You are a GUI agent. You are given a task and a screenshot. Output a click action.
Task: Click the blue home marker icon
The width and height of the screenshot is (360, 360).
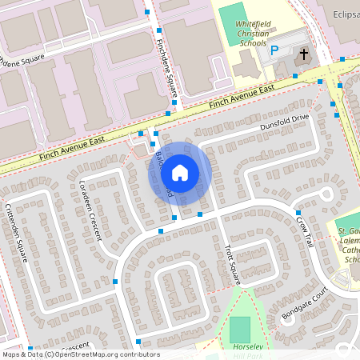pyautogui.click(x=180, y=172)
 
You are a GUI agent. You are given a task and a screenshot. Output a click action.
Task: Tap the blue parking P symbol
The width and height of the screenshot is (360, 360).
pyautogui.click(x=274, y=50)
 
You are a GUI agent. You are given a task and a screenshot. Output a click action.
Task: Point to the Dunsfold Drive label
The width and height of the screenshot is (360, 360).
pyautogui.click(x=283, y=122)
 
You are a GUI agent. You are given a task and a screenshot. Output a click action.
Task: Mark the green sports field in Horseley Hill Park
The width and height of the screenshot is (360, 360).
pyautogui.click(x=239, y=330)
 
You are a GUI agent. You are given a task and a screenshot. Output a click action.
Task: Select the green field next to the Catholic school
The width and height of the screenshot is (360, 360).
pyautogui.click(x=348, y=226)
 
